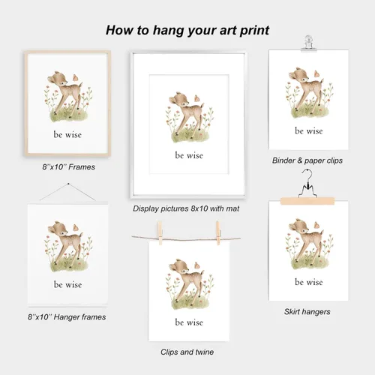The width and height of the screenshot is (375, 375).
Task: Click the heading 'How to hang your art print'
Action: pyautogui.click(x=187, y=31)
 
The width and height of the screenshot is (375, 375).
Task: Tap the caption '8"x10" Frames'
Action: pyautogui.click(x=69, y=167)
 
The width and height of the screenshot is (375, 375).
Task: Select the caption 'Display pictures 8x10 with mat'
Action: pyautogui.click(x=186, y=208)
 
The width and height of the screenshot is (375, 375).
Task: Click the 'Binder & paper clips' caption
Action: pyautogui.click(x=307, y=160)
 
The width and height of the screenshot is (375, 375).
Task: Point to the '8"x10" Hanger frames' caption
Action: pyautogui.click(x=67, y=317)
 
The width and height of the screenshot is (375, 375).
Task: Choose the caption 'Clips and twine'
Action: pyautogui.click(x=187, y=352)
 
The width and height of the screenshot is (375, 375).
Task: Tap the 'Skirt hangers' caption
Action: pyautogui.click(x=307, y=312)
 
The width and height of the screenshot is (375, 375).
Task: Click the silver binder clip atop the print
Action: pyautogui.click(x=308, y=43)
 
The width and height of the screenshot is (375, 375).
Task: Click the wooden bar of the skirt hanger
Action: pyautogui.click(x=307, y=201)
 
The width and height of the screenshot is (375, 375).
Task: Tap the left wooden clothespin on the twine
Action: pyautogui.click(x=160, y=233)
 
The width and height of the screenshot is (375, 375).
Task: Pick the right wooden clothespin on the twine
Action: pyautogui.click(x=218, y=233)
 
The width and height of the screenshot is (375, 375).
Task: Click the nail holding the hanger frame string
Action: pyautogui.click(x=68, y=184)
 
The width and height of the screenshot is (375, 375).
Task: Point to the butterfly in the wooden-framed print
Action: pyautogui.click(x=75, y=77)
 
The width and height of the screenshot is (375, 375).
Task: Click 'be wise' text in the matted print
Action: pyautogui.click(x=189, y=155)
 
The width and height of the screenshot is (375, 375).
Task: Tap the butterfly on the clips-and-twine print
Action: pyautogui.click(x=197, y=265)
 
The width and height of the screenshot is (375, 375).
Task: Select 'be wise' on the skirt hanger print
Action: pyautogui.click(x=309, y=282)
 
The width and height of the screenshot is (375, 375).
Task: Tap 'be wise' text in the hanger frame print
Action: pyautogui.click(x=67, y=284)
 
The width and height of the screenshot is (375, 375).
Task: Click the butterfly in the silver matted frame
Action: pyautogui.click(x=197, y=98)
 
